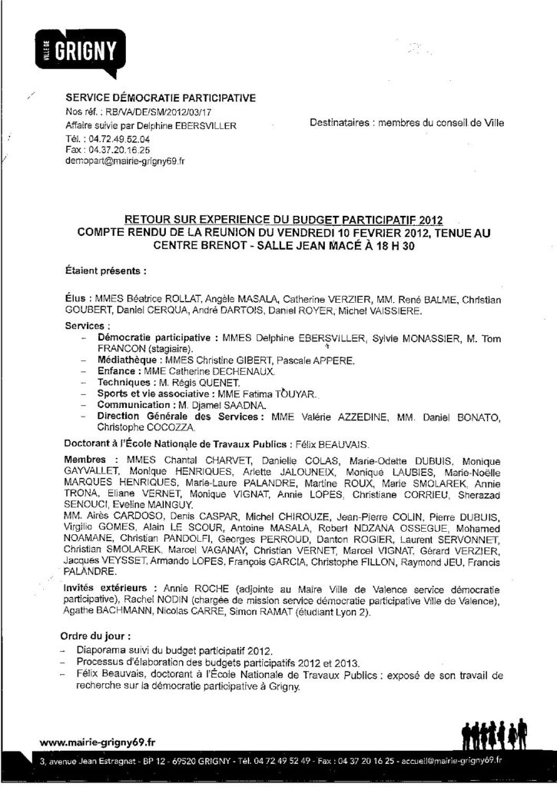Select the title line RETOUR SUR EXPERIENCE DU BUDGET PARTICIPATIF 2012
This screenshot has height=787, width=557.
click(283, 219)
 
